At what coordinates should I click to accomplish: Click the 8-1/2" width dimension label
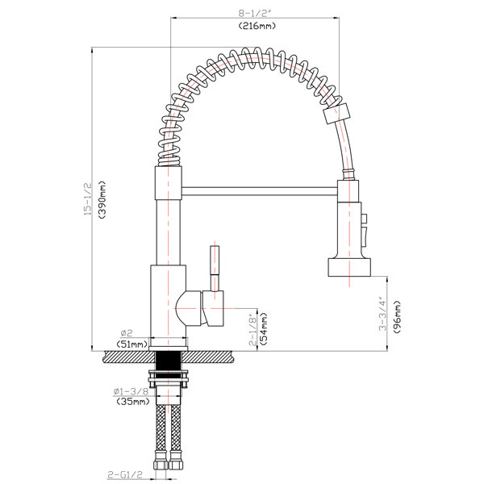coord(255,13)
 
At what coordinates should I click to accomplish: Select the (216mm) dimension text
coord(257,26)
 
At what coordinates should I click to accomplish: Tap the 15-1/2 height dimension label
coord(88,198)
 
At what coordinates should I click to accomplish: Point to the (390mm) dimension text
coord(102,200)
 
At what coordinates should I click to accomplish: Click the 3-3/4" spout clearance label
coord(382,314)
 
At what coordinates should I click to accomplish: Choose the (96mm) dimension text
coord(397,316)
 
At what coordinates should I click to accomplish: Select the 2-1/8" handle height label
coord(252,330)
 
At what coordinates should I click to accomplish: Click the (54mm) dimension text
coord(263,328)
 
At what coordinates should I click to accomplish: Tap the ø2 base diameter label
coord(127,333)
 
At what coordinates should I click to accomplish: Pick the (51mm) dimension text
coord(132,344)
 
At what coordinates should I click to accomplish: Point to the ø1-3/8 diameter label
coord(131,391)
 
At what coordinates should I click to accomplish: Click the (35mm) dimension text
coord(133,402)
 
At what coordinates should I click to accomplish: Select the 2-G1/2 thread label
coord(125,474)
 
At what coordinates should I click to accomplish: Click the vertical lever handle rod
coord(215,268)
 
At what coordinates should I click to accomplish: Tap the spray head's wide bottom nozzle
coord(348,267)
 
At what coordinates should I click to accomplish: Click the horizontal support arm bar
coord(259,191)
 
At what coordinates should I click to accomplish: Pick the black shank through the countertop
coord(169,361)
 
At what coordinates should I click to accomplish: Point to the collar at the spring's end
coord(336,113)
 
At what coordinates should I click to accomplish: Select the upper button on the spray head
coord(365,219)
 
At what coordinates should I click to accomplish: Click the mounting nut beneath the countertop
coord(169,379)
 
